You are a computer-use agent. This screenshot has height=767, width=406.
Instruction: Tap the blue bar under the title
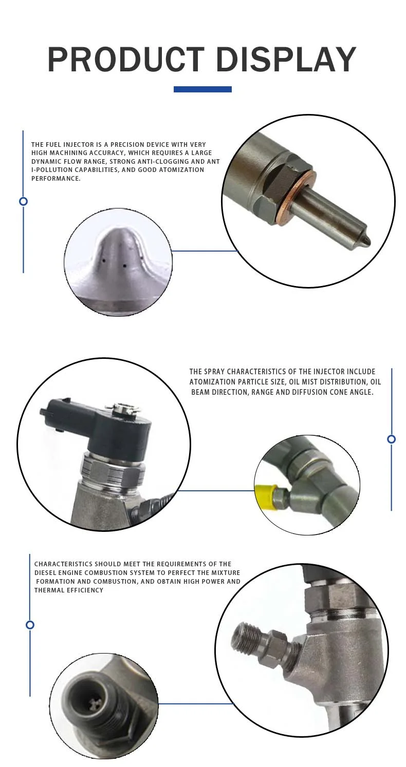(x=202, y=89)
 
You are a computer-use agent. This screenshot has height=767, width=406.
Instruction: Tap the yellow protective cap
(x=264, y=495)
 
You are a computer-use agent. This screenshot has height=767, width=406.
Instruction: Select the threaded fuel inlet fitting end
(x=241, y=637)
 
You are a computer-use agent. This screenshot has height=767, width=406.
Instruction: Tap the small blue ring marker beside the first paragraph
(x=23, y=201)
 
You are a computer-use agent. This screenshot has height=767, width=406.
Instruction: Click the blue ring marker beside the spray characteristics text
(x=391, y=439)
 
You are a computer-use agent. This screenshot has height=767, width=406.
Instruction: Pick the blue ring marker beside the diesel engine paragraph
(x=30, y=625)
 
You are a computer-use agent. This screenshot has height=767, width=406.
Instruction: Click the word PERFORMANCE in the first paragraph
(x=56, y=178)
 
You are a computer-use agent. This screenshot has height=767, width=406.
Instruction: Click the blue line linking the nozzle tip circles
(x=205, y=251)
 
